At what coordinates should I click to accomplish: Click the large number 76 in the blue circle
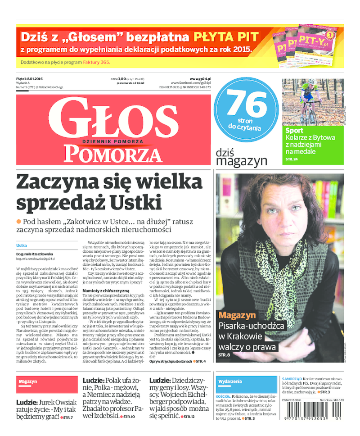click(x=247, y=104)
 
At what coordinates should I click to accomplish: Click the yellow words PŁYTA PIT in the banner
click(x=226, y=36)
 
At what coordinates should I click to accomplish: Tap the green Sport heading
click(x=294, y=131)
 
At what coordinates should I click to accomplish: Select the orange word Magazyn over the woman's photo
click(x=237, y=315)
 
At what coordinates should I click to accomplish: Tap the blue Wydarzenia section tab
click(x=230, y=381)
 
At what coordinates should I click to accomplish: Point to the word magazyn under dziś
click(x=241, y=161)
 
